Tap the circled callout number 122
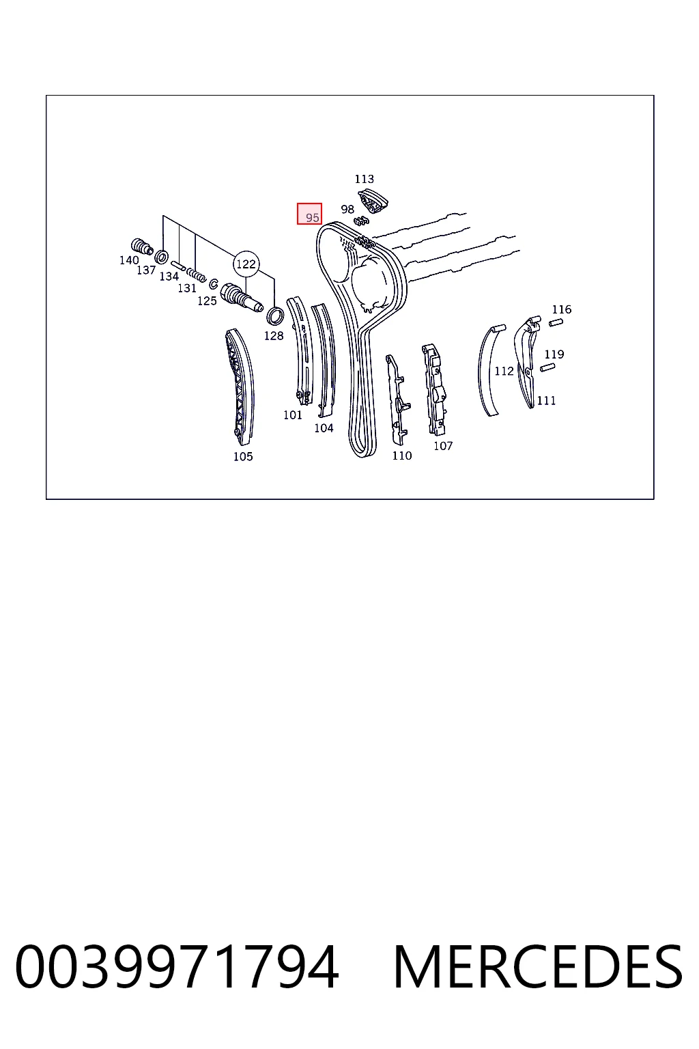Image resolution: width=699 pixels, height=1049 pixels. pos(246,264)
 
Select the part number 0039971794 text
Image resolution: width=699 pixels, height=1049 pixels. pos(177,967)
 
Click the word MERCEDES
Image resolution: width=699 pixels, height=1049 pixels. pos(538,967)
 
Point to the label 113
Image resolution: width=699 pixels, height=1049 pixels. pos(365,179)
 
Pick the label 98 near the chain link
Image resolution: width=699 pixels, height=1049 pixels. pos(347,210)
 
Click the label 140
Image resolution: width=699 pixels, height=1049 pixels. pos(129,260)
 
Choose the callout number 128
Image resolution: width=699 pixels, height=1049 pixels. pos(274,336)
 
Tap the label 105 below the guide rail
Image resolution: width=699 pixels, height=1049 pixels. pos(243,457)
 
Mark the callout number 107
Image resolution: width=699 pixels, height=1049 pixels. pos(444,446)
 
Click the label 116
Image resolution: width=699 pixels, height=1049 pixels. pos(562,309)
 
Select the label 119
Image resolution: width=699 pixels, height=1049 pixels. pos(554,354)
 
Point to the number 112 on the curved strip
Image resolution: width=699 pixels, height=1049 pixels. pos(504,371)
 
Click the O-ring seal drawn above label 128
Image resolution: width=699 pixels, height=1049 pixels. pos(275,316)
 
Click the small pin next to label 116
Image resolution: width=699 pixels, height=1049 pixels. pos(556,322)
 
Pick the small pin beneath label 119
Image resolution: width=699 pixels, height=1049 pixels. pos(547,367)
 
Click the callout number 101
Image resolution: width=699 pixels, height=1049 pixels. pos(293,415)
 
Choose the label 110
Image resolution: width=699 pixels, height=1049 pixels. pos(402,456)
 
